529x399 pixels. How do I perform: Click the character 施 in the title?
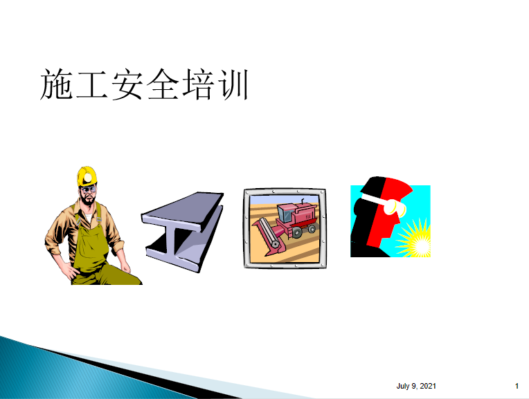point(57,84)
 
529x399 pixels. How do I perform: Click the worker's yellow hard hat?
point(87,176)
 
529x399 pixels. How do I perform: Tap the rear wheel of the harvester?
point(312,229)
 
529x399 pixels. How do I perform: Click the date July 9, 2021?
point(416,386)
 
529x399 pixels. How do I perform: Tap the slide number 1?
point(517,386)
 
